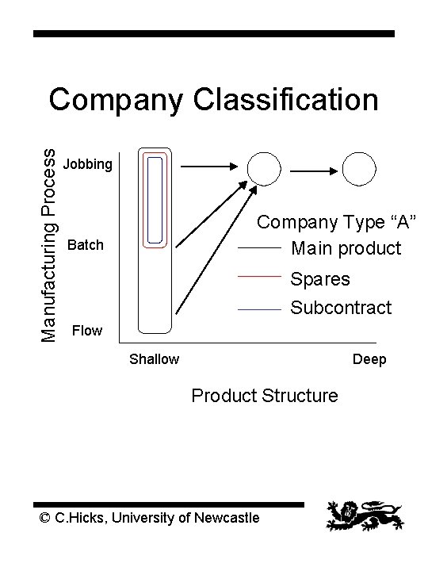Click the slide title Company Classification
(x=213, y=101)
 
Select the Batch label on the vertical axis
(x=86, y=245)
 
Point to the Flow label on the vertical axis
(x=86, y=330)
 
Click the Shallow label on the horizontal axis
(x=154, y=359)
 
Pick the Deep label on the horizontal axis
(x=369, y=359)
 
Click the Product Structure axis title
(x=264, y=395)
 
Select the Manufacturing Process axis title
(x=49, y=235)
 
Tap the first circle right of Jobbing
(x=263, y=168)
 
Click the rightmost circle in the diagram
(x=358, y=168)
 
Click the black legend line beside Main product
(x=261, y=249)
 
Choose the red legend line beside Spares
(x=261, y=278)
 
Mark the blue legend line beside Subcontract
(x=261, y=308)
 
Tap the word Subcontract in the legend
(x=341, y=308)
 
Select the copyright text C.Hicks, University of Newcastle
(x=149, y=518)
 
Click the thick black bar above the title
(x=213, y=33)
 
